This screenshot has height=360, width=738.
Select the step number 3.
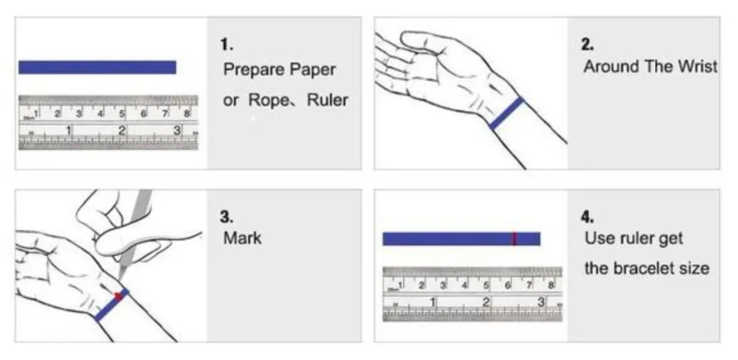pyautogui.click(x=227, y=218)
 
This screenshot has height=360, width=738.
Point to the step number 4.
pyautogui.click(x=588, y=218)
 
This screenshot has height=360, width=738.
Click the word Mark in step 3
pyautogui.click(x=242, y=239)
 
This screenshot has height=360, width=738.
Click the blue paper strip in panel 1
pyautogui.click(x=97, y=67)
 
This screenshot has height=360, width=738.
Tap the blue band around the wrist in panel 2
pyautogui.click(x=507, y=114)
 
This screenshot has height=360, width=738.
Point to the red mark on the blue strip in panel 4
pyautogui.click(x=514, y=238)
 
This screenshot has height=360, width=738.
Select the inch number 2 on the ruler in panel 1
pyautogui.click(x=123, y=131)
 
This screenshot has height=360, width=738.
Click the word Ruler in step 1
pyautogui.click(x=328, y=100)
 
